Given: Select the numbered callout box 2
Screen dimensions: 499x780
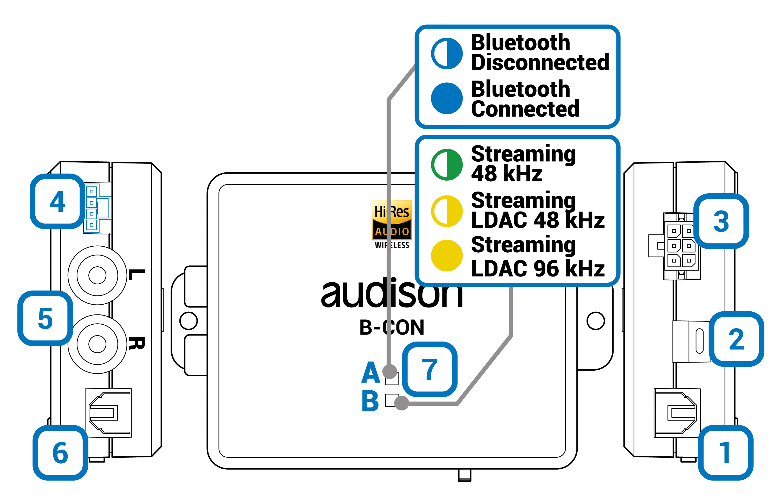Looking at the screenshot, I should (736, 339).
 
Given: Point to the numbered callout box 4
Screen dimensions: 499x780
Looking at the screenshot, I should (57, 201).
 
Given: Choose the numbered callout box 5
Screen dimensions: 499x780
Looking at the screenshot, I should (45, 318).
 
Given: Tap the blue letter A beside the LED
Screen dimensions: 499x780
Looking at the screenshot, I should (370, 373).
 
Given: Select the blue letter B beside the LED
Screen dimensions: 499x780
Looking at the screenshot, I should (370, 401).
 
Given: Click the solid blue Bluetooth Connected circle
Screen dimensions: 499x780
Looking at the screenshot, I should (446, 98).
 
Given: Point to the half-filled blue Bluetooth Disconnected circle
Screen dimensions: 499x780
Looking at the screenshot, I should (446, 54).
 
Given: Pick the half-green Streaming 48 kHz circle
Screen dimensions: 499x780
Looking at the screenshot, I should (446, 165).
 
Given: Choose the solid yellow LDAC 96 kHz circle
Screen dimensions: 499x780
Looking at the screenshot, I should (446, 255).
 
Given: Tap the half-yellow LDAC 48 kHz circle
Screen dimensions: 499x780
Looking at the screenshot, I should (446, 211).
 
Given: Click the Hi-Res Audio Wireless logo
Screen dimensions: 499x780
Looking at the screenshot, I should (392, 225).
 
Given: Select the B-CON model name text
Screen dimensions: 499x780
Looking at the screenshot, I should (392, 327).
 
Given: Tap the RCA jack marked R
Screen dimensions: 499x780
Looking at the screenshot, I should (97, 344).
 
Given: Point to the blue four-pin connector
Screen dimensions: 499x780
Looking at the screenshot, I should (97, 208).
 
